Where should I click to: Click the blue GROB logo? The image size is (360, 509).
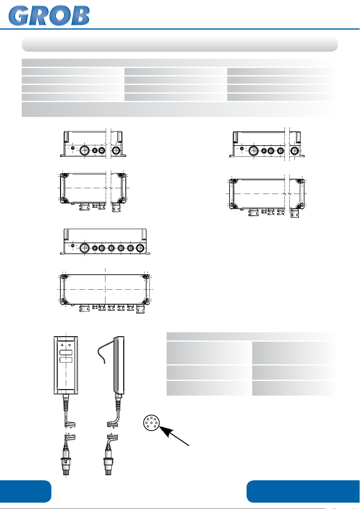click(x=49, y=16)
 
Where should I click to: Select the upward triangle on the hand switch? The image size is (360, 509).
click(x=62, y=345)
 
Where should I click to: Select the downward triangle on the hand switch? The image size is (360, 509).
click(x=70, y=345)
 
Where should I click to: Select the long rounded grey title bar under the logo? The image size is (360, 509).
click(x=180, y=44)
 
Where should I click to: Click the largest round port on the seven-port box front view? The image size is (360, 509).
click(x=85, y=248)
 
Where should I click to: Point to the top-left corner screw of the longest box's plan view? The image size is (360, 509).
click(x=65, y=277)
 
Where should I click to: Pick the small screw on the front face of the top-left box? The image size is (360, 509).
click(x=73, y=148)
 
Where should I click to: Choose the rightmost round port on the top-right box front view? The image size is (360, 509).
click(x=294, y=151)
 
